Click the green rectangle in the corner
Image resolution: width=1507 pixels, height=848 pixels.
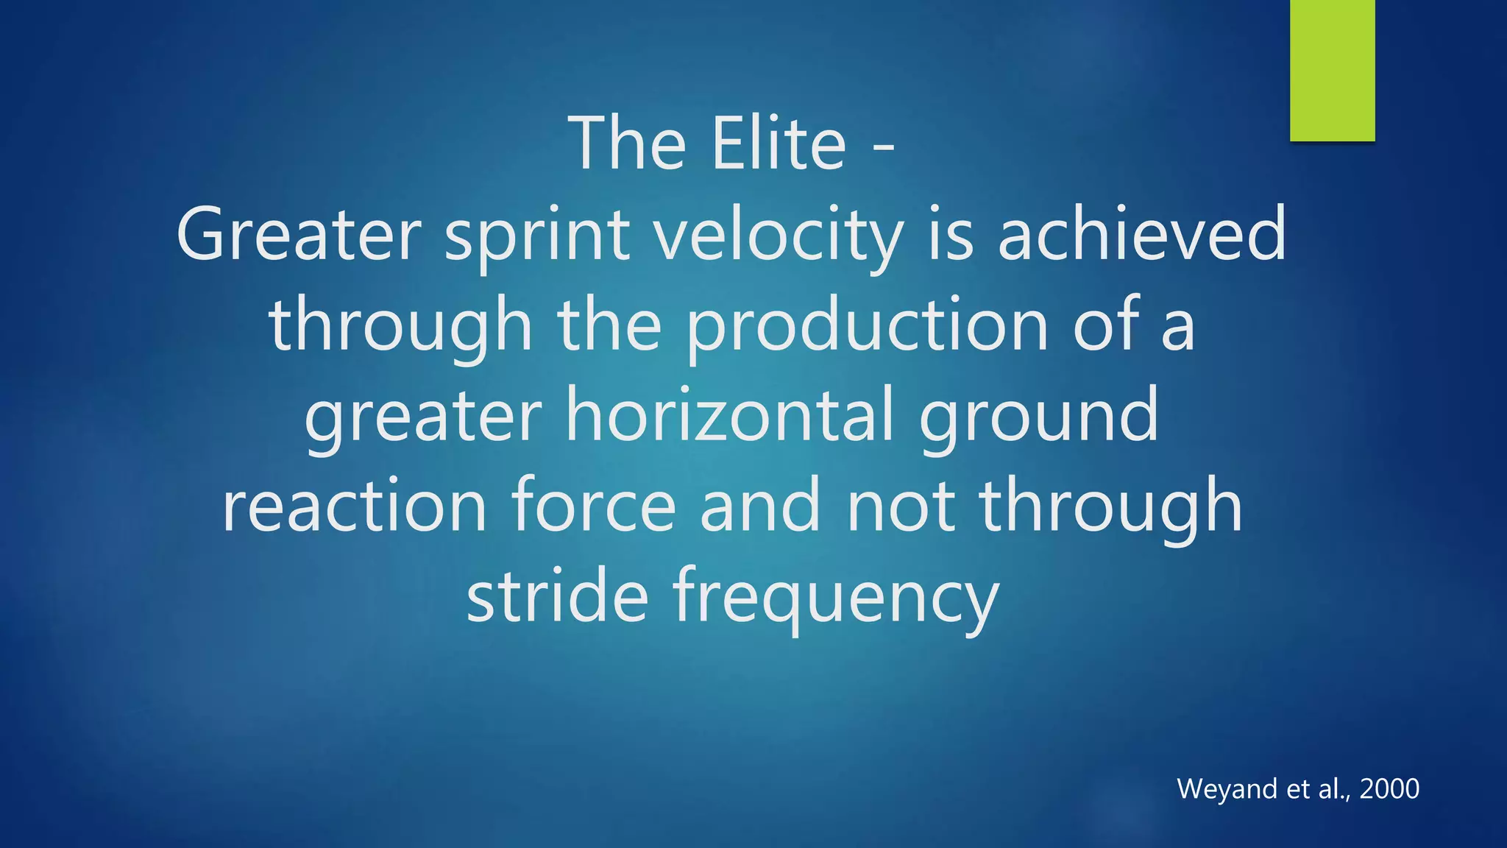[1332, 70]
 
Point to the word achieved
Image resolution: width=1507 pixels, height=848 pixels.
[1142, 236]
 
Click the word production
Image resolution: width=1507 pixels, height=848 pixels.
[868, 326]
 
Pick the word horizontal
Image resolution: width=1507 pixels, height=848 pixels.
[730, 416]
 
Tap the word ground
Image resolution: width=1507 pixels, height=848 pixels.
[1039, 416]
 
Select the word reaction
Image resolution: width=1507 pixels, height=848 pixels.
[355, 506]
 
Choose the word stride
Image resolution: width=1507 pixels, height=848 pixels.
[558, 596]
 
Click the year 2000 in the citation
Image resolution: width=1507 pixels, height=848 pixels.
[1389, 789]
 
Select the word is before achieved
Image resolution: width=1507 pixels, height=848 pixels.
[950, 236]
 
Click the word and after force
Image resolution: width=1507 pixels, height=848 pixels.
[759, 506]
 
